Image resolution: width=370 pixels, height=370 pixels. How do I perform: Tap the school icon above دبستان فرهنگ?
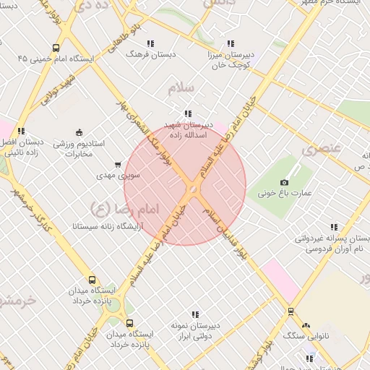coord(150,43)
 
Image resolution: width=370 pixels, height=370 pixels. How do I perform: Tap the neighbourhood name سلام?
coord(180,88)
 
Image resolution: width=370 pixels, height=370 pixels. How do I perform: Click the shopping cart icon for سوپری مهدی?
coord(118,165)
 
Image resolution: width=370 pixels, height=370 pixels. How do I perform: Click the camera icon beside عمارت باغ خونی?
coord(284,182)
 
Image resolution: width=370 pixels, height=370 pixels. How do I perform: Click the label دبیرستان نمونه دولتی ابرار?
coord(195,330)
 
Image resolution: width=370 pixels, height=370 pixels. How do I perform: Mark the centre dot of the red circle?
coord(193,189)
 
